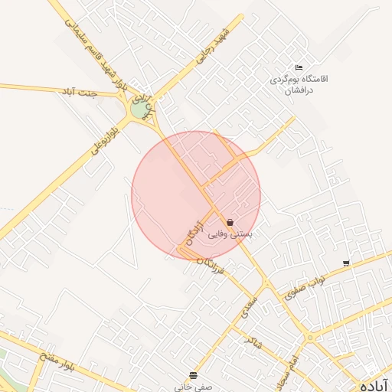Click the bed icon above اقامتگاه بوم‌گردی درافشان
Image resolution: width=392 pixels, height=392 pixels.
pyautogui.click(x=299, y=67)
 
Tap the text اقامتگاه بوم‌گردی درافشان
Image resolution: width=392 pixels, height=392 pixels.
pyautogui.click(x=299, y=83)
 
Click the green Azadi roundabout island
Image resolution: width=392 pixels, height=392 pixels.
pyautogui.click(x=139, y=109)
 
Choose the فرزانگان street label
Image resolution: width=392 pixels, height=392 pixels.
pyautogui.click(x=211, y=265)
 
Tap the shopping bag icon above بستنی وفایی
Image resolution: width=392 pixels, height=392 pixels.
pyautogui.click(x=230, y=223)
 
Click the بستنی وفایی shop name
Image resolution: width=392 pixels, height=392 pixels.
pyautogui.click(x=230, y=234)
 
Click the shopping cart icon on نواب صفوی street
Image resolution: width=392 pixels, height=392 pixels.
pyautogui.click(x=346, y=263)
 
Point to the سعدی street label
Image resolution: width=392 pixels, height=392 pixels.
pyautogui.click(x=250, y=306)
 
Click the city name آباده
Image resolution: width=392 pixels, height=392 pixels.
pyautogui.click(x=375, y=384)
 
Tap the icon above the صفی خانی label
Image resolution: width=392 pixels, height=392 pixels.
pyautogui.click(x=191, y=374)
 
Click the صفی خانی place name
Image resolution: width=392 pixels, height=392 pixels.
pyautogui.click(x=191, y=387)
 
